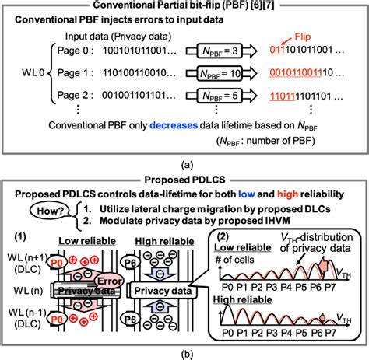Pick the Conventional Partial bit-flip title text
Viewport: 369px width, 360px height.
click(x=184, y=8)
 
